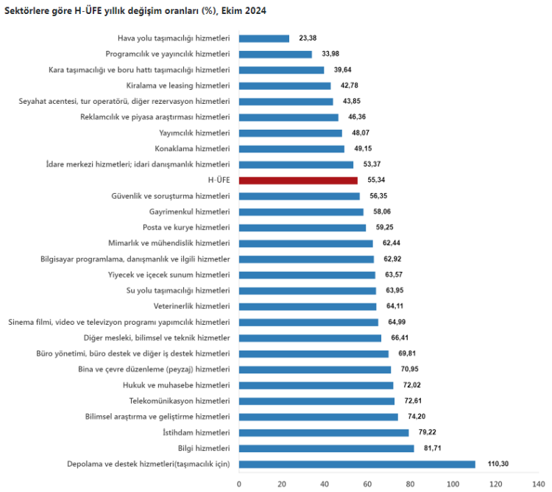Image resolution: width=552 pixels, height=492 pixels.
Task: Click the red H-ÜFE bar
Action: coord(298,180)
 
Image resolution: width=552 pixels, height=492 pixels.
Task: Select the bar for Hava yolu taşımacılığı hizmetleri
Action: coord(264,38)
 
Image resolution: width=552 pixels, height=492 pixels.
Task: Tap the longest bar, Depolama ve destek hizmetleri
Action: coord(357,464)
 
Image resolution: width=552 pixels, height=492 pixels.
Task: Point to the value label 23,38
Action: coord(308,38)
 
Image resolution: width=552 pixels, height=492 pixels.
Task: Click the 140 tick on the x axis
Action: coord(538,484)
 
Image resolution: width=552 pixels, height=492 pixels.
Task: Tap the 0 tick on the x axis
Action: coord(239,484)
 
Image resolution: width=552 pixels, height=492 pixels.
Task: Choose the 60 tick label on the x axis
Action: coord(367,484)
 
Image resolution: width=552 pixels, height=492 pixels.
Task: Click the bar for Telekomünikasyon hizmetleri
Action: coord(316,401)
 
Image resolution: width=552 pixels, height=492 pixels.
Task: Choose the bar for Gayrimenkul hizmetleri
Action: coord(301,212)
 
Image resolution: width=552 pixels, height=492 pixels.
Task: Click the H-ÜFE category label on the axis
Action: coord(219,180)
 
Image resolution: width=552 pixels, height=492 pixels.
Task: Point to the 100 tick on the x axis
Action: coord(453,484)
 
